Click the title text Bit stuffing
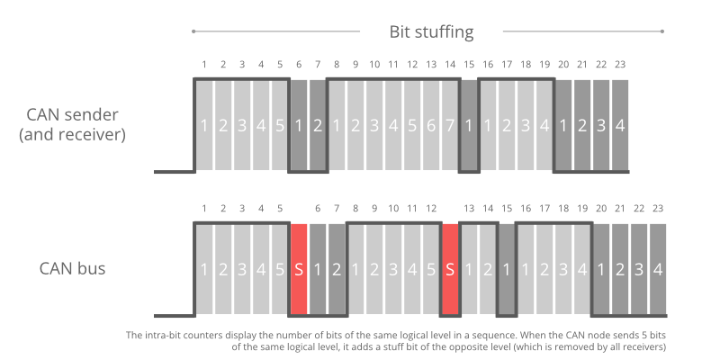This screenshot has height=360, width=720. [431, 32]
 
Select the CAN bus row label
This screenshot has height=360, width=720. [73, 268]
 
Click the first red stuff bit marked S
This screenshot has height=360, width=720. [299, 268]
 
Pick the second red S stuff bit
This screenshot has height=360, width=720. [450, 268]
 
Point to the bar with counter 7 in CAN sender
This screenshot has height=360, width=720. [450, 125]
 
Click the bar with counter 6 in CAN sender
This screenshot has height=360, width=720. [431, 125]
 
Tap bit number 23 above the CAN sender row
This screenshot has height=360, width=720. [619, 65]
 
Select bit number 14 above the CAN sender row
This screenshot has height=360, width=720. [450, 65]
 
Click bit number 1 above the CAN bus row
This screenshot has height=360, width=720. [204, 209]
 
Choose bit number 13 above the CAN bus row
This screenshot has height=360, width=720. [469, 209]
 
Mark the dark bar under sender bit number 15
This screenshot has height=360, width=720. [469, 125]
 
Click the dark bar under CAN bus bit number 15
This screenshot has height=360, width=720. [507, 268]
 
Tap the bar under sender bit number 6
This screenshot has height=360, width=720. [299, 125]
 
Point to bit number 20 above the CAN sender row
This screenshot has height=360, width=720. [563, 65]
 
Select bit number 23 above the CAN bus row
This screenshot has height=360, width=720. [657, 209]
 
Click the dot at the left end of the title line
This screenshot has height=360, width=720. [193, 32]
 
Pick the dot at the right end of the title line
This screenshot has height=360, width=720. [661, 32]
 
